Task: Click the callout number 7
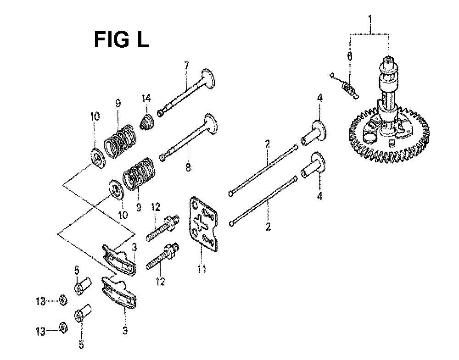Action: (186, 66)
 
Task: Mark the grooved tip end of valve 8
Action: (163, 158)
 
